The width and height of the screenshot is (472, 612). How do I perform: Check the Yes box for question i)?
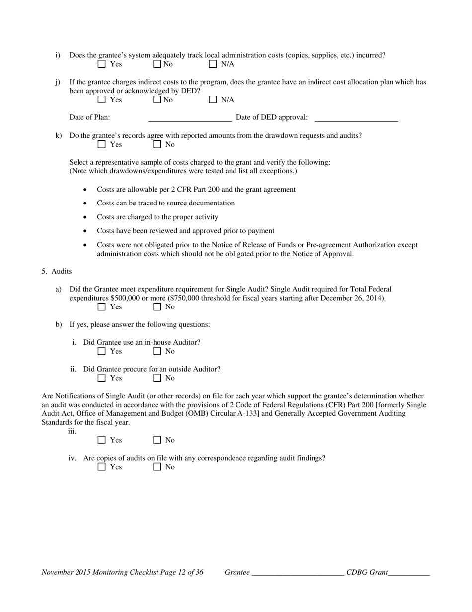coord(102,64)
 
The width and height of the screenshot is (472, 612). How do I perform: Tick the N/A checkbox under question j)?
coord(213,100)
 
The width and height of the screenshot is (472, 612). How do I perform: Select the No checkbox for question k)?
coord(157,144)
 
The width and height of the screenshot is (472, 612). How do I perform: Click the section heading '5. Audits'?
coord(57,271)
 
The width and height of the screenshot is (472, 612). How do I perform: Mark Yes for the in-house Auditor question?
coord(102,351)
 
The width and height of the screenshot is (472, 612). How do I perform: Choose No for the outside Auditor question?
coord(157,378)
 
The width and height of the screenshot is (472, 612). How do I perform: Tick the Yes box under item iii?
coord(102,440)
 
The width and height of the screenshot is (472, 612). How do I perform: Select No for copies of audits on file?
coord(157,467)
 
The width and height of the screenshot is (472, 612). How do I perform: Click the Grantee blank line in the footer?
coord(298,573)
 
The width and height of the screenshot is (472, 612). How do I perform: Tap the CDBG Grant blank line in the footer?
coord(409,573)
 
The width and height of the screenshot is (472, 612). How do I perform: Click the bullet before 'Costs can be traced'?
coord(86,204)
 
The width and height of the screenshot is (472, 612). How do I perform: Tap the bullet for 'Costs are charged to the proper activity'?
coord(86,217)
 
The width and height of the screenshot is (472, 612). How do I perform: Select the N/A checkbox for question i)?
coord(213,64)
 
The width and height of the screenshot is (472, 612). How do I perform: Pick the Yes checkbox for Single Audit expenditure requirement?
coord(102,306)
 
